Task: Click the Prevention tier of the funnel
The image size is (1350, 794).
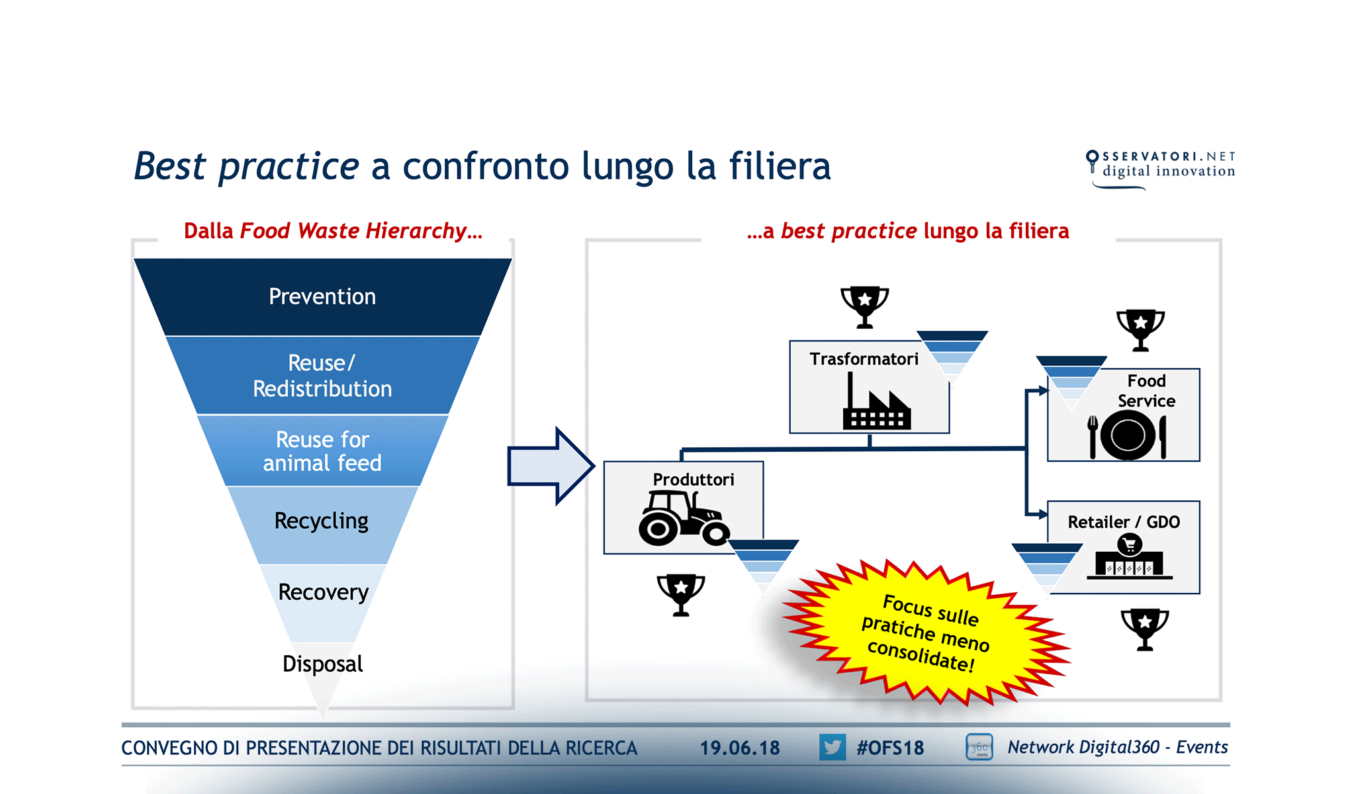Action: [x=322, y=296]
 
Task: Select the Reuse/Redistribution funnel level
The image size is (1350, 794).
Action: [x=322, y=375]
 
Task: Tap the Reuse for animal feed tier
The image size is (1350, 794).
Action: [x=322, y=451]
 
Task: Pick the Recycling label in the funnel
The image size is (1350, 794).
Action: [x=322, y=521]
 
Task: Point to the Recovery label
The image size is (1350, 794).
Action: [x=323, y=592]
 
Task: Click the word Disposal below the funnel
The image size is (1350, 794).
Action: [x=322, y=664]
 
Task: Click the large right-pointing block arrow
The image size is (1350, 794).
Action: [x=550, y=466]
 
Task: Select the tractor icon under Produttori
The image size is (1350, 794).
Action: [x=683, y=519]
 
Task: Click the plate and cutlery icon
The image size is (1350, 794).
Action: [x=1127, y=435]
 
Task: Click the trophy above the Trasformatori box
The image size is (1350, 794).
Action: [x=864, y=306]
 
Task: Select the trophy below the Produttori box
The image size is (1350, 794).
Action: [x=680, y=594]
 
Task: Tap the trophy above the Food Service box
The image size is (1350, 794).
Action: [x=1140, y=330]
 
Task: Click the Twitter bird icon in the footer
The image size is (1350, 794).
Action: [x=832, y=748]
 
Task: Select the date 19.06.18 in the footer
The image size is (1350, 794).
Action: [x=740, y=748]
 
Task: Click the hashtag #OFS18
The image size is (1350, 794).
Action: [x=890, y=748]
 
